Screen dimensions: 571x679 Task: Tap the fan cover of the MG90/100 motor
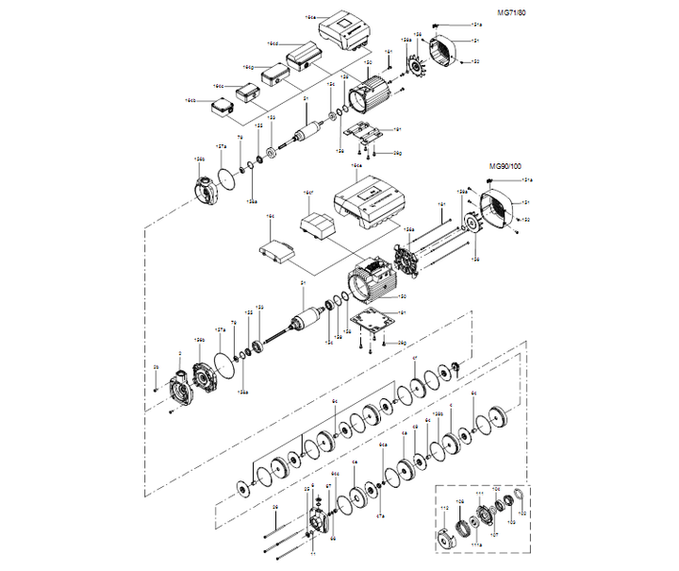point(498,209)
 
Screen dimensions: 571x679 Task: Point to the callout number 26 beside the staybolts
point(274,508)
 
